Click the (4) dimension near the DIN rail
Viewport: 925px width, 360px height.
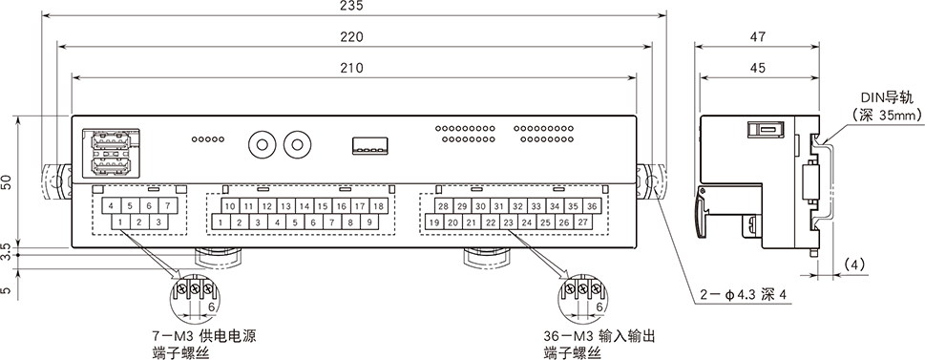[x=857, y=262]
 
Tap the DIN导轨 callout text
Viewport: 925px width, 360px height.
[x=888, y=97]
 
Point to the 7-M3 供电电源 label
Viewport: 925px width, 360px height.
[x=204, y=337]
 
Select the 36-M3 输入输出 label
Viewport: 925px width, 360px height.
[x=599, y=337]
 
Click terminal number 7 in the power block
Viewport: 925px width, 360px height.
[x=167, y=206]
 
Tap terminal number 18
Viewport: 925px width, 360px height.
[x=378, y=206]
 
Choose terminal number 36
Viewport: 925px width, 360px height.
[x=592, y=206]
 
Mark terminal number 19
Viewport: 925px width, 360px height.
[x=433, y=223]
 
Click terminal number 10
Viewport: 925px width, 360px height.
[x=229, y=206]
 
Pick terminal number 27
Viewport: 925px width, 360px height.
[x=582, y=223]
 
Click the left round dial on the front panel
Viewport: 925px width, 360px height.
[x=260, y=144]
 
